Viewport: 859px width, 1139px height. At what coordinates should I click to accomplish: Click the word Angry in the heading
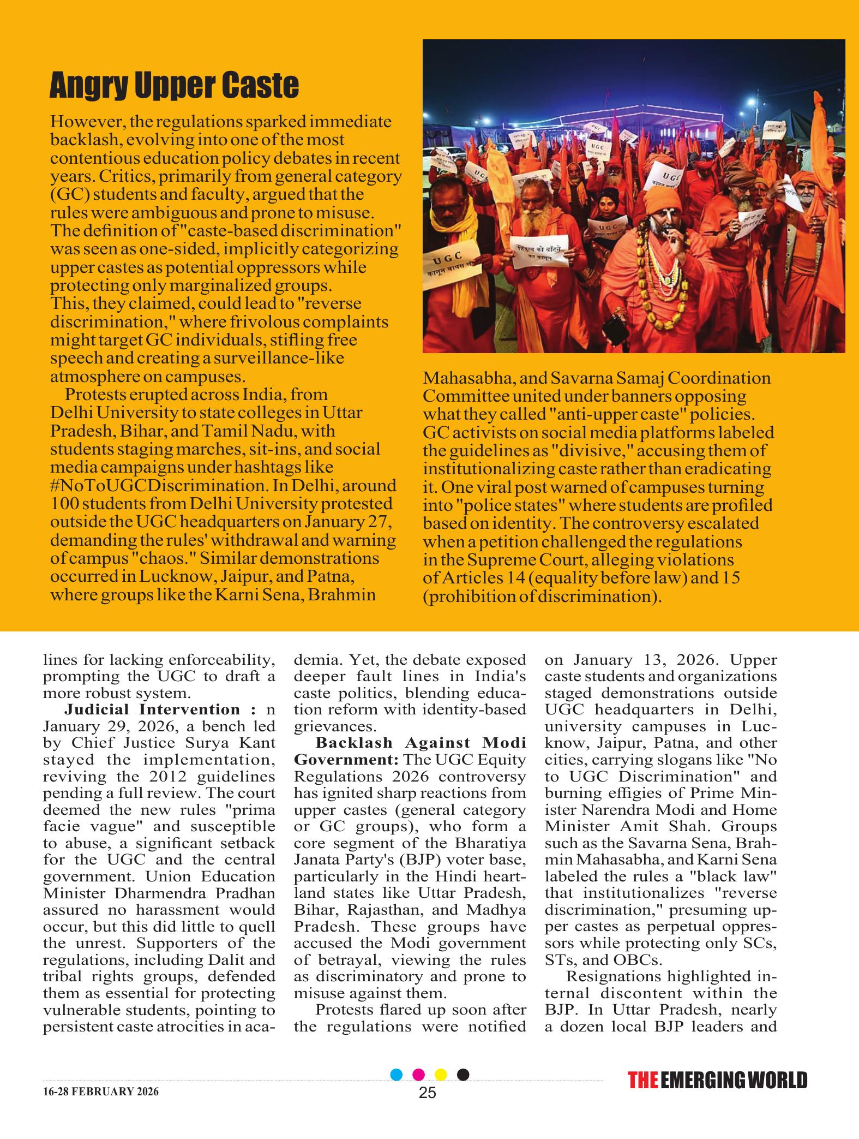click(87, 86)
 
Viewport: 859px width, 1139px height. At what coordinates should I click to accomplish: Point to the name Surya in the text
click(201, 743)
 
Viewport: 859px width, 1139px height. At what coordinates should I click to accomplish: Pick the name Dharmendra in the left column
click(143, 893)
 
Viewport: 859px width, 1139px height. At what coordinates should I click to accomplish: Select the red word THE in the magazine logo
click(642, 1081)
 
